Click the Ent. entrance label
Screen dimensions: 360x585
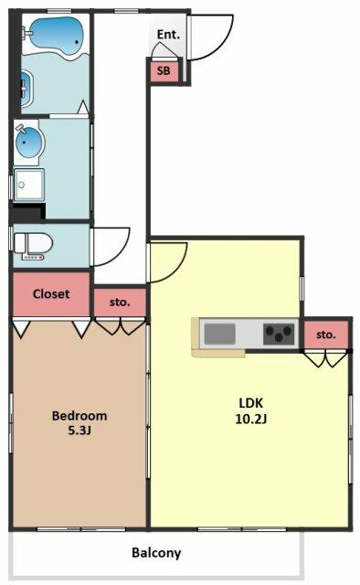(168, 35)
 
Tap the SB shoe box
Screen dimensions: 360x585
(164, 71)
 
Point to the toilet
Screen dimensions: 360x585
(33, 244)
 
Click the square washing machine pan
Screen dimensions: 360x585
(29, 185)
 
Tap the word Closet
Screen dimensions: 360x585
(51, 294)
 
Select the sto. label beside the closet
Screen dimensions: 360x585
(120, 302)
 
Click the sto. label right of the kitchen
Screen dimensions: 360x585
(326, 335)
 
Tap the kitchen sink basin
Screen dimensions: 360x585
(220, 334)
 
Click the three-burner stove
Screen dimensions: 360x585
(279, 334)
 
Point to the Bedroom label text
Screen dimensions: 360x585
(79, 416)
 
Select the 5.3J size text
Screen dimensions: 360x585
(79, 431)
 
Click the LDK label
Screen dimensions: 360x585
(251, 403)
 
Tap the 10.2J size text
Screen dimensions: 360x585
(251, 419)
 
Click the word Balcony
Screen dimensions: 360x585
(156, 552)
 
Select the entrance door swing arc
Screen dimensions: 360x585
(225, 45)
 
